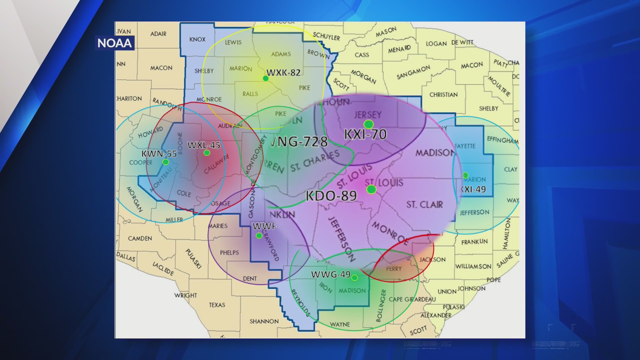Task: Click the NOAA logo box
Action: point(115,43)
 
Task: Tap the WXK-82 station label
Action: point(283,73)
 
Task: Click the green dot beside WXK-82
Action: point(266,79)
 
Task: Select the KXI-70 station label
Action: point(365,134)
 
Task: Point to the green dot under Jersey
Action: point(368,125)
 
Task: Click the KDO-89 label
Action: point(331,196)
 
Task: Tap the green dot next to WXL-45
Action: point(207,153)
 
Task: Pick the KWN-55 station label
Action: point(159,154)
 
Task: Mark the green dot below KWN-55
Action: point(166,162)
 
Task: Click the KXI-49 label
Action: point(473,189)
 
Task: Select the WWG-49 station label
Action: point(331,274)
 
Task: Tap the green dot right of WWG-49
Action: point(355,278)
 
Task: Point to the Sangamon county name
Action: point(413,72)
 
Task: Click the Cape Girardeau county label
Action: point(412,299)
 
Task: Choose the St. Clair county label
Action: point(425,204)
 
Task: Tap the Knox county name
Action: point(197,39)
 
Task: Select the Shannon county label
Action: point(264,321)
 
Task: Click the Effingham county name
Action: point(502,140)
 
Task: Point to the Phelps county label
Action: point(229,253)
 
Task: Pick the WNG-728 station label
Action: point(299,142)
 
